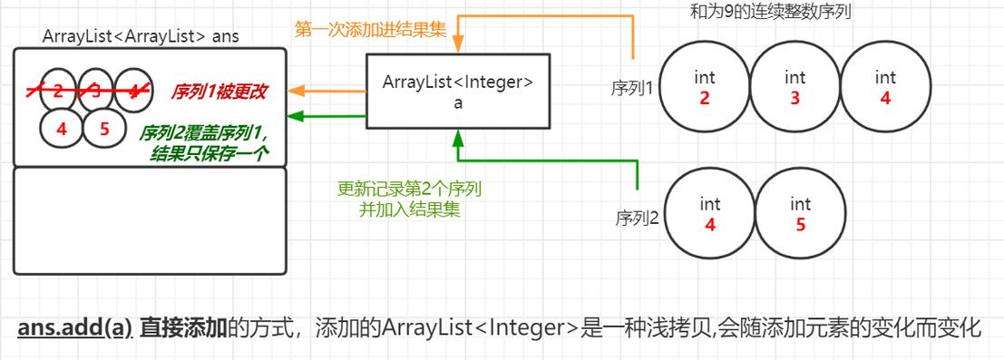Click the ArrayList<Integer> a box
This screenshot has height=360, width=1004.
457,90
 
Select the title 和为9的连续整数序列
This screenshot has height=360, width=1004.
770,12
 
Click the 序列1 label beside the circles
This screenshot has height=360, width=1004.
632,88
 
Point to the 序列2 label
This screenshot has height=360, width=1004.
637,218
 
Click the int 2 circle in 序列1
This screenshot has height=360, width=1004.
705,87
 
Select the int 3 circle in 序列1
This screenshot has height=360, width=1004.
794,87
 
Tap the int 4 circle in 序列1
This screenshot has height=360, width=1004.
885,87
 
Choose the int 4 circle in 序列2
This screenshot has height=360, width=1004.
710,214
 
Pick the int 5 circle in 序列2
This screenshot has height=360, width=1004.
800,214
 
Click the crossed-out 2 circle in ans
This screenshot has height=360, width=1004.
58,91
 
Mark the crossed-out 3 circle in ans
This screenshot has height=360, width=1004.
95,91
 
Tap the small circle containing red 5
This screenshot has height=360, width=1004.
104,129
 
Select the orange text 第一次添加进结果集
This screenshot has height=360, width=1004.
370,29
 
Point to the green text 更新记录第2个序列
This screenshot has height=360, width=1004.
409,190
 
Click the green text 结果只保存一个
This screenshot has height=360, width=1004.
210,154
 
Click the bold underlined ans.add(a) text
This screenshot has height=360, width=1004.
75,327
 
